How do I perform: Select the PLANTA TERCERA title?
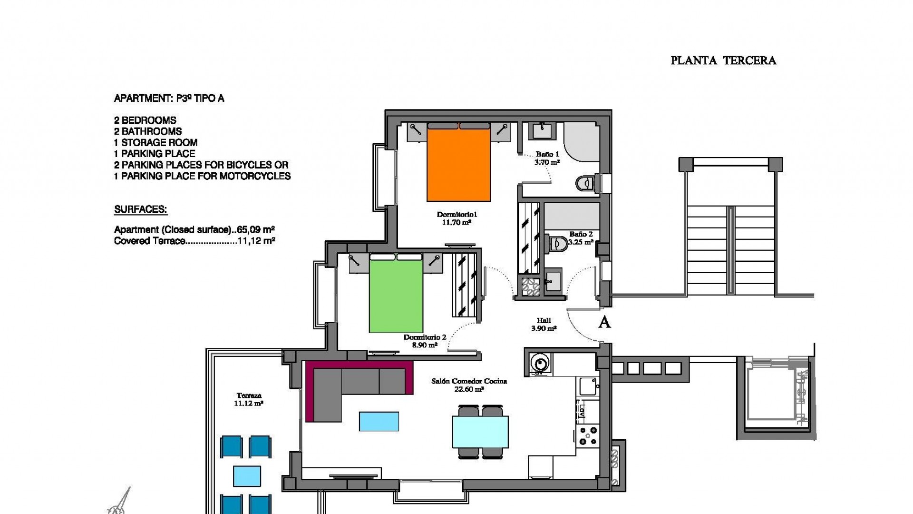(x=723, y=60)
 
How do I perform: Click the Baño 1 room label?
(x=547, y=154)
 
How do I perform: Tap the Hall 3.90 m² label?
(x=544, y=325)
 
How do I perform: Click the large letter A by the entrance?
(x=604, y=323)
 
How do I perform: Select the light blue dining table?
(x=480, y=432)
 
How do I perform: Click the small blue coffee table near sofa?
(x=379, y=422)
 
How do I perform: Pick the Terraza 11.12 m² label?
(x=248, y=399)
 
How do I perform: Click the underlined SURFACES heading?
(x=140, y=209)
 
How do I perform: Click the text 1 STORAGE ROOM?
(x=155, y=143)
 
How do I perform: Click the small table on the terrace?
(x=247, y=475)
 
